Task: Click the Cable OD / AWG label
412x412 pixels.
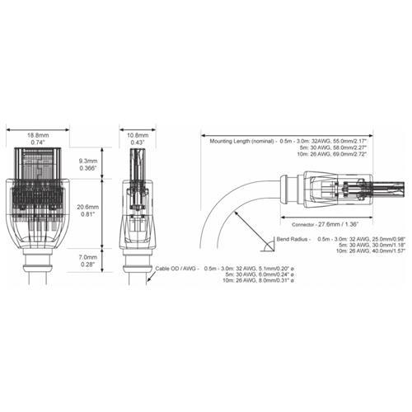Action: point(176,269)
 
